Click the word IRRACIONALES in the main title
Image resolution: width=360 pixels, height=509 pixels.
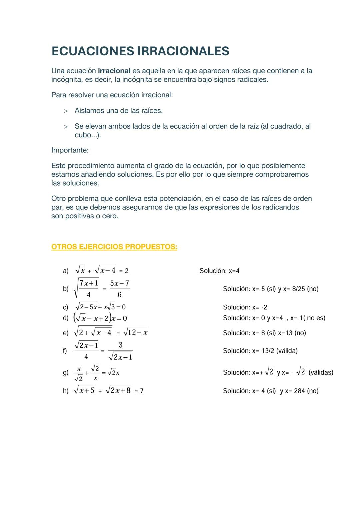[x=183, y=51]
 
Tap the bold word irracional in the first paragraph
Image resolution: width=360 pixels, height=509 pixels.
[x=114, y=71]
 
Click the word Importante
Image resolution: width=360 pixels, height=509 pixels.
[x=70, y=150]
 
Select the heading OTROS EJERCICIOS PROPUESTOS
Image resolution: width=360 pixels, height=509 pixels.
[x=114, y=247]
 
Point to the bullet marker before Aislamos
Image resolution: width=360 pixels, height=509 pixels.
[x=66, y=111]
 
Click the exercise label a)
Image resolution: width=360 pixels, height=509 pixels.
[x=66, y=271]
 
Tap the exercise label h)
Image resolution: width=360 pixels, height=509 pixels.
[x=66, y=391]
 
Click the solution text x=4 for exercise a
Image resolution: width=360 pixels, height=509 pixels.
[x=234, y=271]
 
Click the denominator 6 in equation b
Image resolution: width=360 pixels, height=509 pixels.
[x=120, y=295]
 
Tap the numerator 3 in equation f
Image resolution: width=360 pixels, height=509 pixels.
[x=120, y=345]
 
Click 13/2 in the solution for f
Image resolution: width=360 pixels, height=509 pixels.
[x=267, y=351]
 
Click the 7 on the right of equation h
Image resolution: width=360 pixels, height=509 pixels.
[x=142, y=391]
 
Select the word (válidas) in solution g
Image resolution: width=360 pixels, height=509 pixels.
[x=321, y=372]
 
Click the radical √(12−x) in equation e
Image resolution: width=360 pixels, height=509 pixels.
[x=135, y=332]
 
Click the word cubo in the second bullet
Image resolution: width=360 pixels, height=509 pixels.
[x=83, y=135]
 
